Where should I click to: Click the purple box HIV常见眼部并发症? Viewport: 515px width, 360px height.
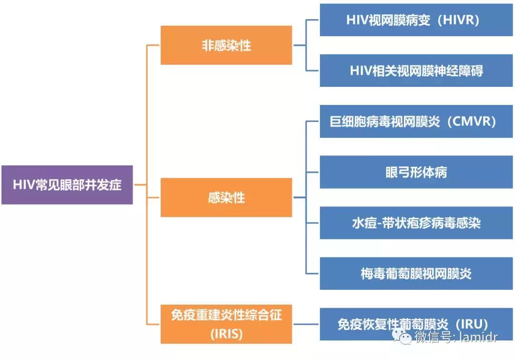tap(67, 185)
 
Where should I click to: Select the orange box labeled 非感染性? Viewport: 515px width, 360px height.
tap(226, 45)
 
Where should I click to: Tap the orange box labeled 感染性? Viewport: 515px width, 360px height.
tap(226, 197)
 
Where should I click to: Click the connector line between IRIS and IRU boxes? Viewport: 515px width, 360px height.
tap(306, 324)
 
